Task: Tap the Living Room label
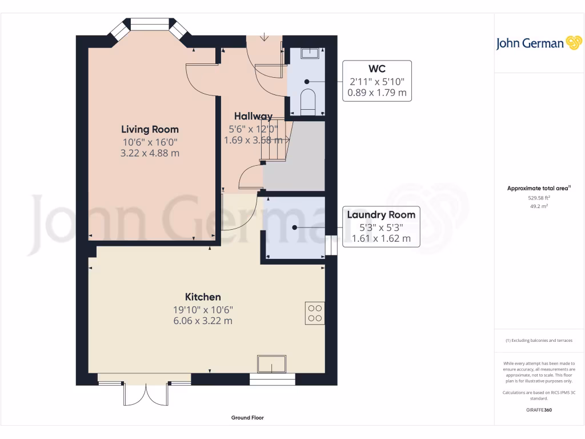(x=150, y=130)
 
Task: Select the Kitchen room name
(x=203, y=297)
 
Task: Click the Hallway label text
(x=253, y=116)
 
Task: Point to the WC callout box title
(x=376, y=69)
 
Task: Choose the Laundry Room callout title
(x=381, y=215)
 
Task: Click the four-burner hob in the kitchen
(x=315, y=313)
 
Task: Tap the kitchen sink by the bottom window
(x=271, y=364)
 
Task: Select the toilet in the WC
(x=307, y=99)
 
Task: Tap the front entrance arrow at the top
(x=264, y=38)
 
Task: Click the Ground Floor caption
(x=247, y=418)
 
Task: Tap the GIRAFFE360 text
(x=539, y=410)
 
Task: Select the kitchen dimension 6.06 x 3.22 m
(x=203, y=321)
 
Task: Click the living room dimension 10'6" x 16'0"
(x=150, y=142)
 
